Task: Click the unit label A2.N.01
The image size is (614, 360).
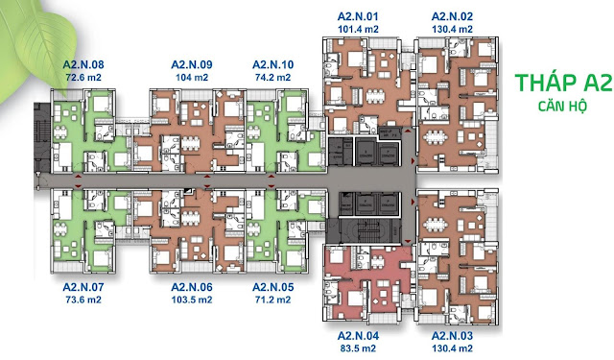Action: [x=358, y=17]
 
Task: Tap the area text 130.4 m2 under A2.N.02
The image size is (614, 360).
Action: [x=452, y=30]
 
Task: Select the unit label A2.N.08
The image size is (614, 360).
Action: [x=83, y=64]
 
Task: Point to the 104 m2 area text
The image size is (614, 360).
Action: [x=192, y=78]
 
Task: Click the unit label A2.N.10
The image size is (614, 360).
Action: [x=272, y=64]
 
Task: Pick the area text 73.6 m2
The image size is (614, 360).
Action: [x=83, y=300]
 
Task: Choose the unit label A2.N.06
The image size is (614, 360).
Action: [x=192, y=287]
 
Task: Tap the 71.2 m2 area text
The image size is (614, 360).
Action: [x=272, y=300]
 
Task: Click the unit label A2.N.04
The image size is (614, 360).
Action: [x=358, y=336]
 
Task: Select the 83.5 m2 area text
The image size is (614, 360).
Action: [x=358, y=348]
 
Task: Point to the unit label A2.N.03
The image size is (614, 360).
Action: [x=452, y=336]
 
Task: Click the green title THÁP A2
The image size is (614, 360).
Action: [x=563, y=83]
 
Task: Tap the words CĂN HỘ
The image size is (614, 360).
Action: [x=563, y=106]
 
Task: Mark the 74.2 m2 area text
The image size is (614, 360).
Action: [x=272, y=78]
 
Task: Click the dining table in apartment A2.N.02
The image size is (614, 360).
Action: [x=436, y=137]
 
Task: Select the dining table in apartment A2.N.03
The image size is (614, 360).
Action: [x=436, y=225]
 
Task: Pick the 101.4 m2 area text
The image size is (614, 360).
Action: [x=358, y=30]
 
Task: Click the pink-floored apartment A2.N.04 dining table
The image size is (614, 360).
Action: [x=377, y=260]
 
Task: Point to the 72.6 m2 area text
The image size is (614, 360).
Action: [x=83, y=78]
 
